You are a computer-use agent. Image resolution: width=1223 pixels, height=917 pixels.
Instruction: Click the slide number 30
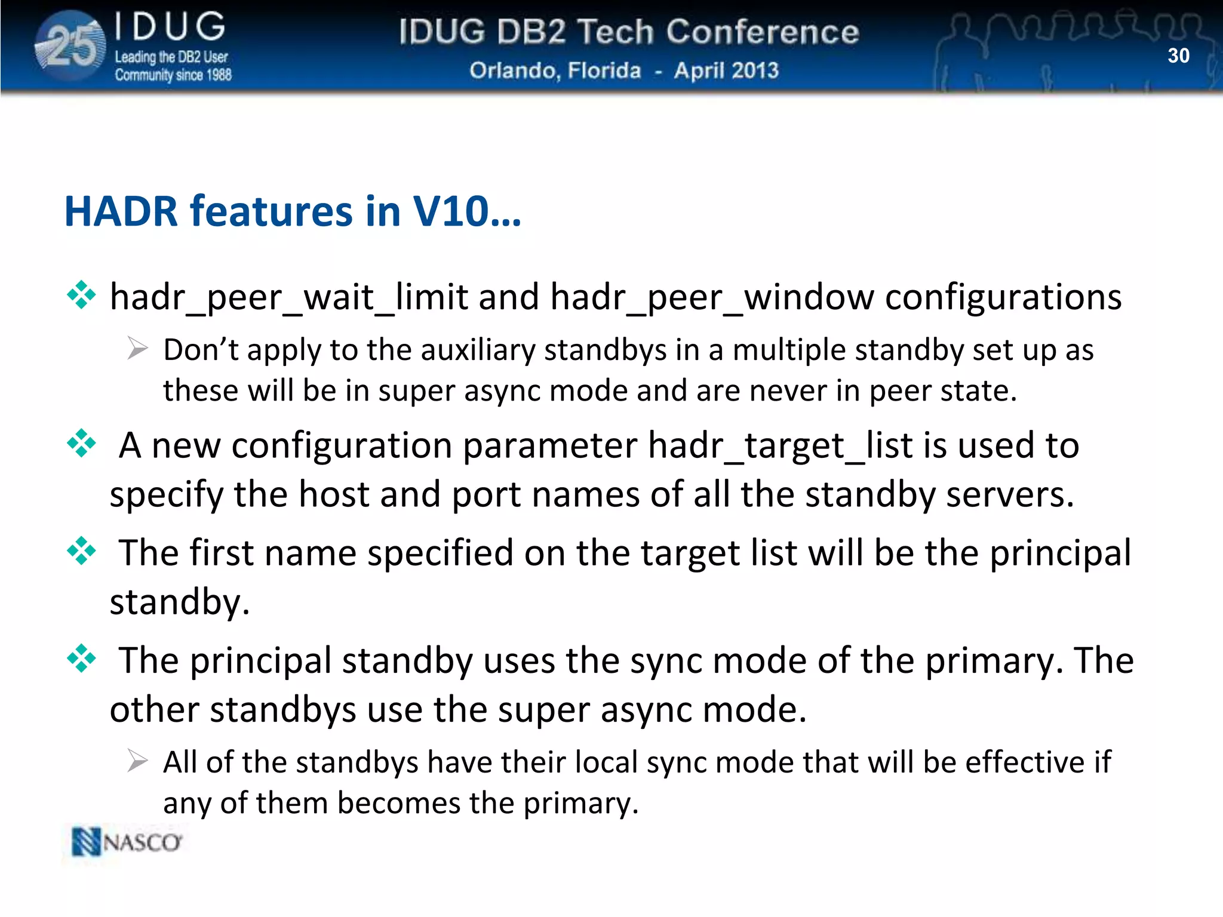point(1178,56)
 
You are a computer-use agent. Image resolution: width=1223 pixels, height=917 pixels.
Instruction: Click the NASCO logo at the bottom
point(127,842)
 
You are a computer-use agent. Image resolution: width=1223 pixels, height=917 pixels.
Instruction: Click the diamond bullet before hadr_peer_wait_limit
point(81,295)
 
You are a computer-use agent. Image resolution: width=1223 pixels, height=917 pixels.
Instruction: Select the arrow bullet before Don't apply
point(137,348)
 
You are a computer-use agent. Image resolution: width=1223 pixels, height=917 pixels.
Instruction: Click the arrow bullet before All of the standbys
point(137,761)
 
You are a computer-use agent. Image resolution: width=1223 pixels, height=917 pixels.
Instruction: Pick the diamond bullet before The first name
point(81,550)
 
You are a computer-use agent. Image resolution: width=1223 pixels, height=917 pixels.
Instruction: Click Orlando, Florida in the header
point(555,70)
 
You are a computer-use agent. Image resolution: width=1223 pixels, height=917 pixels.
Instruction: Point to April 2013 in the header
point(726,70)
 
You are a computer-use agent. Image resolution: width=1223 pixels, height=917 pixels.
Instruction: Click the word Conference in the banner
point(762,32)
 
